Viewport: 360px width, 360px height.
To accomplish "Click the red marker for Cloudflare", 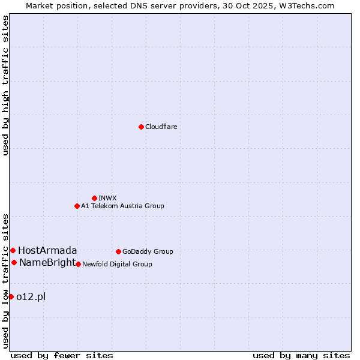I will [141, 127].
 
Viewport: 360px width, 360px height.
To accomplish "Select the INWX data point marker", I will [94, 198].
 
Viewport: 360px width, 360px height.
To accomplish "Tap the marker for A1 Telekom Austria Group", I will [77, 206].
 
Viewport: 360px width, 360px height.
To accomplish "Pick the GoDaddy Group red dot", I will [118, 251].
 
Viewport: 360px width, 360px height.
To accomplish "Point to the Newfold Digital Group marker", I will [78, 264].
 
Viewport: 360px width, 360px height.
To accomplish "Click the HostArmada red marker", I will [13, 250].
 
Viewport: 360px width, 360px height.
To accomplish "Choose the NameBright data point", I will [14, 262].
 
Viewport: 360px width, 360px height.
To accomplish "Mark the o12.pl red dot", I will [11, 296].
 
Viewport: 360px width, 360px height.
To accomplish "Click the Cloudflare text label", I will [161, 127].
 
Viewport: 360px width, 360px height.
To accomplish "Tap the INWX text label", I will [107, 198].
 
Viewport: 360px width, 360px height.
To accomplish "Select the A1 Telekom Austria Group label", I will [122, 206].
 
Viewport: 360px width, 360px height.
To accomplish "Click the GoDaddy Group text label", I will [148, 251].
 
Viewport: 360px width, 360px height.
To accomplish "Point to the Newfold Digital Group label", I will [117, 264].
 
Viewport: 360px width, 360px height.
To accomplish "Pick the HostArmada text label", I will [47, 250].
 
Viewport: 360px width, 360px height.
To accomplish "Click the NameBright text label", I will [47, 262].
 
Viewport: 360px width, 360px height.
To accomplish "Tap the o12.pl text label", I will [31, 296].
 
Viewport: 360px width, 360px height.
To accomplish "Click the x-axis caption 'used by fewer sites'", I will [62, 355].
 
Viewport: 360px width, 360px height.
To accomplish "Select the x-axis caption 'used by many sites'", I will [301, 355].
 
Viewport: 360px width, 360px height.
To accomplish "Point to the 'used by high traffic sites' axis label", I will [6, 85].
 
